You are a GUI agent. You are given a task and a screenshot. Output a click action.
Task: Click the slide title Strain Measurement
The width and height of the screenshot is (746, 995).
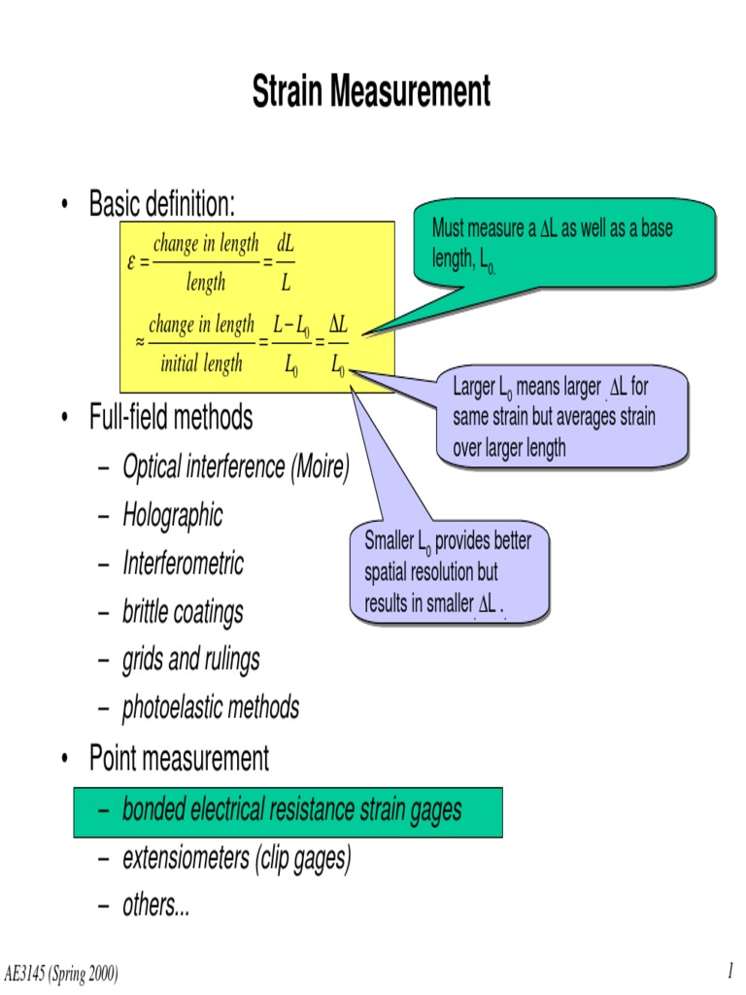point(372,92)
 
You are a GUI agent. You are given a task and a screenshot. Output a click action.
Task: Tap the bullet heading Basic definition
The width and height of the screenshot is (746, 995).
point(162,204)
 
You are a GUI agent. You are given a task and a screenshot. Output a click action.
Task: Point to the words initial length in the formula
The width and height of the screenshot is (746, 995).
point(201,364)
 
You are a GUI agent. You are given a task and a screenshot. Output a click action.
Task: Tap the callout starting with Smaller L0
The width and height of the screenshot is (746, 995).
point(449,572)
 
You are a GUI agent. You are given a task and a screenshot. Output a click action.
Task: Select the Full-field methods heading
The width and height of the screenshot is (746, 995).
point(171,418)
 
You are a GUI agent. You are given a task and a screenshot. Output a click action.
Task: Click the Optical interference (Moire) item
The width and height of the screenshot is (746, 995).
point(235,467)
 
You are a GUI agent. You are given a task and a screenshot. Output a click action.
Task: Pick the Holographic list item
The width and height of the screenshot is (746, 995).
point(172,515)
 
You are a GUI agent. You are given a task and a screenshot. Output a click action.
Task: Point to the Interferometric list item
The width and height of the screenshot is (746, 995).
point(183,564)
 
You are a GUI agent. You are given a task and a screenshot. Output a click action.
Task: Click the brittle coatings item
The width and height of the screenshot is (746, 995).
point(183,612)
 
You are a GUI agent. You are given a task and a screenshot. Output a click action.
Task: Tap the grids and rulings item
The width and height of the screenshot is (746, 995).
point(190,661)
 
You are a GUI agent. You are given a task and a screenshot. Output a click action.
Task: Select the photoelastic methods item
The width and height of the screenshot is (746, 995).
point(210,708)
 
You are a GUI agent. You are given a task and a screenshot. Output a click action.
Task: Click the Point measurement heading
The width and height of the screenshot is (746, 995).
point(179,758)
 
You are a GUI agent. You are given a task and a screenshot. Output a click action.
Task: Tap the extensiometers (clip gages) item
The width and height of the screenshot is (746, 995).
point(236,859)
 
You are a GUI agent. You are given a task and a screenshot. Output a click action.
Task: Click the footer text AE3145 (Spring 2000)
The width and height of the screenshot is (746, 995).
point(62,974)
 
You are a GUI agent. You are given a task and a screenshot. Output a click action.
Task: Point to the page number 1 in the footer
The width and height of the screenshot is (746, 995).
point(729,972)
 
